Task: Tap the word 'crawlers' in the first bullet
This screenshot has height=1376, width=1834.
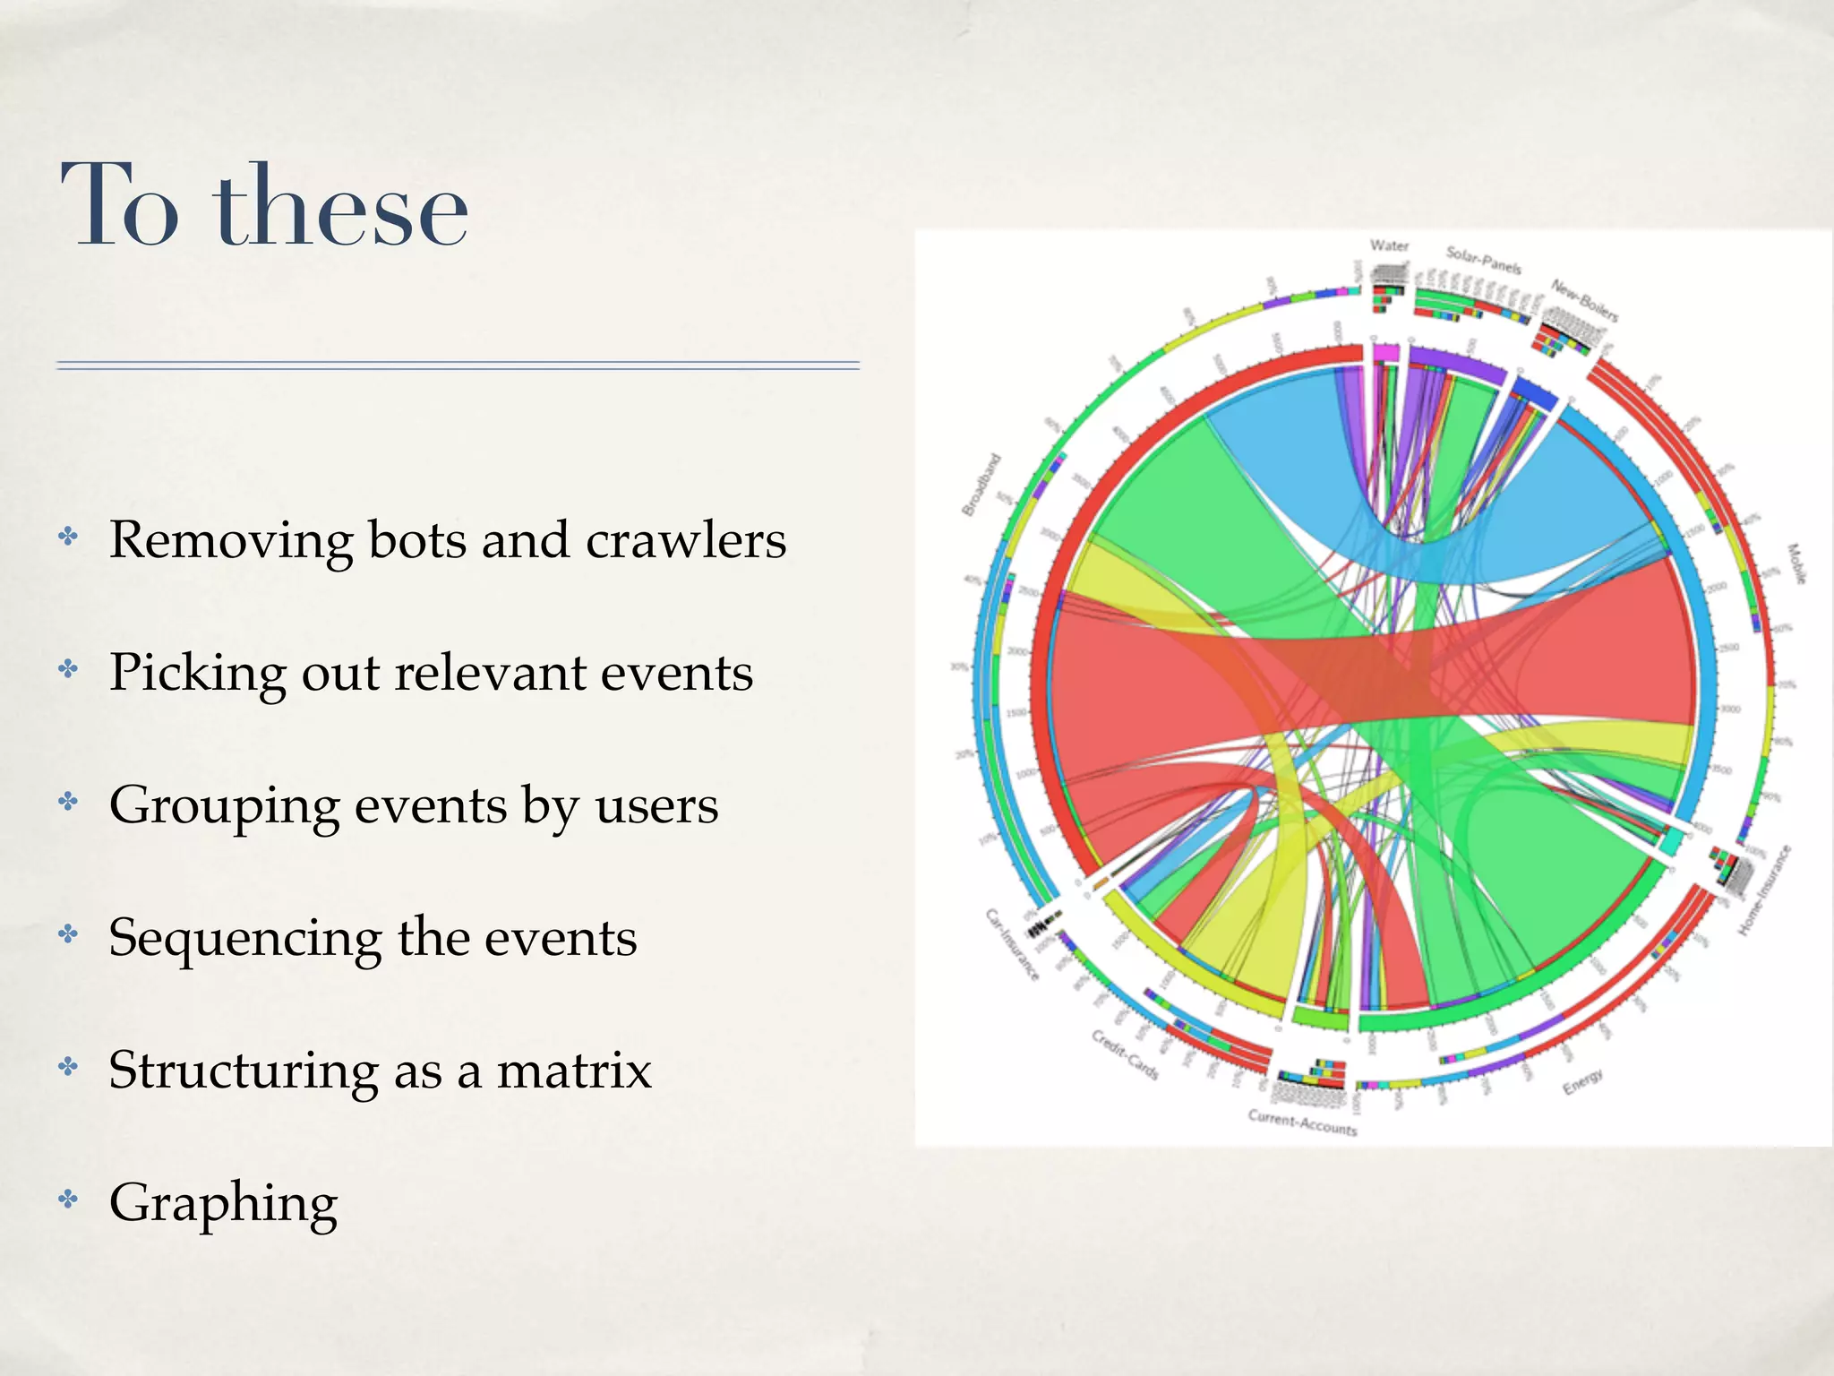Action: tap(686, 540)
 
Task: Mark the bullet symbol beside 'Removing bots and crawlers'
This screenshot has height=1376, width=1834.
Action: tap(68, 537)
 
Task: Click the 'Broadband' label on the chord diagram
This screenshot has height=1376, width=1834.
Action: tap(981, 485)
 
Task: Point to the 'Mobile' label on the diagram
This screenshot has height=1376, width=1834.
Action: tap(1795, 563)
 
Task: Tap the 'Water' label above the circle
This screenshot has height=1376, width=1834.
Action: tap(1389, 245)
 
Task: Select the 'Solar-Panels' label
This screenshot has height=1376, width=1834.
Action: tap(1483, 261)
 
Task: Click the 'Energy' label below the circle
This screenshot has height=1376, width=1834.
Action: tap(1582, 1082)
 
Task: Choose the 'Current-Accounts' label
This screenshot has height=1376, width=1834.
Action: tap(1302, 1122)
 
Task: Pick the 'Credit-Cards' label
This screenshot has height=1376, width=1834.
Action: tap(1125, 1054)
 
